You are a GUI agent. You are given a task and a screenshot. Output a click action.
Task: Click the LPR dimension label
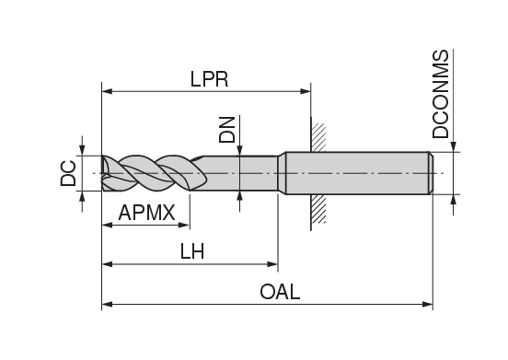pos(208,79)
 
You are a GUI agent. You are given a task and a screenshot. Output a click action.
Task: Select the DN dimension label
pos(227,129)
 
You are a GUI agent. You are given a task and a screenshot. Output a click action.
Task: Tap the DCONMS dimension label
pos(442,94)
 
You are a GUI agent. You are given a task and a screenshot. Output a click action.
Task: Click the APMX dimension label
pos(146,213)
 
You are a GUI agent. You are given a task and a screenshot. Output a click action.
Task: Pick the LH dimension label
pos(191,251)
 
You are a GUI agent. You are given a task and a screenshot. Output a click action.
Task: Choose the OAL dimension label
pos(280,292)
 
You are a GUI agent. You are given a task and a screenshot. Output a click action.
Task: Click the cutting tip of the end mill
pos(103,173)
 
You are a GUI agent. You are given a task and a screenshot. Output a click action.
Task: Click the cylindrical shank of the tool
pos(359,173)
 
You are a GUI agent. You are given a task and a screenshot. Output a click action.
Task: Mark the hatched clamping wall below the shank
pos(317,211)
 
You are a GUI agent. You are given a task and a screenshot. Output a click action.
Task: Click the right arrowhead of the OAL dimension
pos(427,303)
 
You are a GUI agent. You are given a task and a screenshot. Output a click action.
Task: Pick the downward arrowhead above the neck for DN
pos(239,150)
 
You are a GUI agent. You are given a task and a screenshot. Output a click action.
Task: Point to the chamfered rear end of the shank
pos(430,173)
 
